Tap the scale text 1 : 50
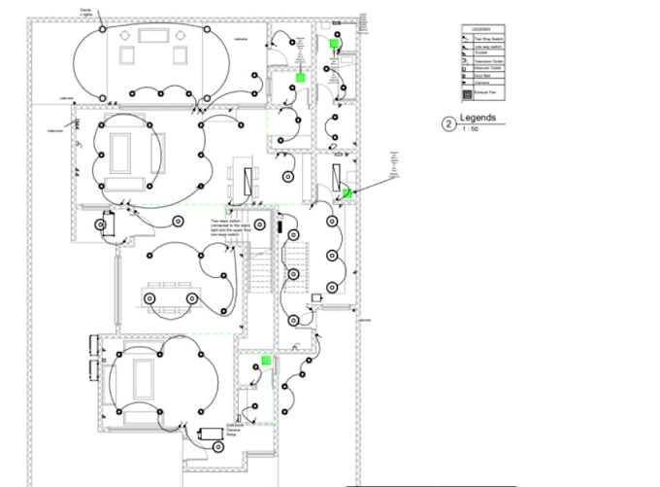[470, 129]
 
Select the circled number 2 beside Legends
[447, 123]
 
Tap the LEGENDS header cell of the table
[482, 29]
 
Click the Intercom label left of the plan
[56, 129]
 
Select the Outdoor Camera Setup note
[234, 430]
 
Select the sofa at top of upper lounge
[153, 35]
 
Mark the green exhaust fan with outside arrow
[346, 192]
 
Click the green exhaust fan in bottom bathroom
[265, 361]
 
